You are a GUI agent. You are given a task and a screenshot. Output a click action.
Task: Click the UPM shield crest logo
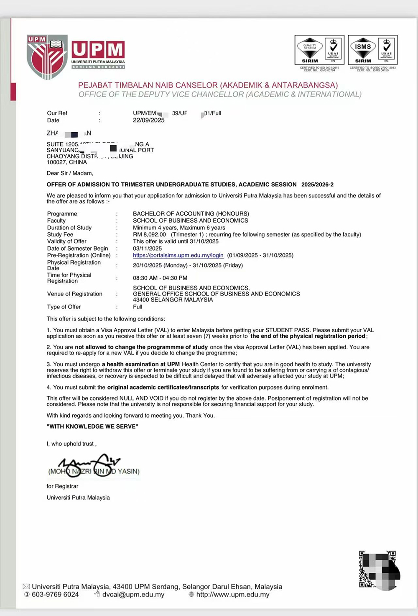[x=47, y=57]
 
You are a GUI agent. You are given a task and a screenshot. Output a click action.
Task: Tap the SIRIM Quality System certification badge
[x=319, y=50]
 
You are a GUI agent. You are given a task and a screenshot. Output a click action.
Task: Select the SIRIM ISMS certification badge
[x=372, y=50]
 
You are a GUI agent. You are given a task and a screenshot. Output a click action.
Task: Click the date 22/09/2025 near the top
[x=149, y=121]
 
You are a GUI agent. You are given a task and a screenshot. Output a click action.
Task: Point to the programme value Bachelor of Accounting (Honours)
[x=191, y=214]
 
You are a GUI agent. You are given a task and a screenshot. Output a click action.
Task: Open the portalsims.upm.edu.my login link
[x=178, y=255]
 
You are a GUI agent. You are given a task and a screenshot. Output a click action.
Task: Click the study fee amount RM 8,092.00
[x=149, y=235]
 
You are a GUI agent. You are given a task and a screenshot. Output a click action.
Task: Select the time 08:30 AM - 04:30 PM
[x=160, y=278]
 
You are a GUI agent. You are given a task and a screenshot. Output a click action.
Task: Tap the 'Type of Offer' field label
[x=64, y=307]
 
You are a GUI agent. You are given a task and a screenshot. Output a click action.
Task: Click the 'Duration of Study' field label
[x=69, y=228]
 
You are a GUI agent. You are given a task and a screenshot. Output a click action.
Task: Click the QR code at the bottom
[x=378, y=570]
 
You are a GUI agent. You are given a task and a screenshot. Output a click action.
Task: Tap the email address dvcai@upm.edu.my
[x=133, y=595]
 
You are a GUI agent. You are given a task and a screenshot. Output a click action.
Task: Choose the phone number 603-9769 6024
[x=55, y=595]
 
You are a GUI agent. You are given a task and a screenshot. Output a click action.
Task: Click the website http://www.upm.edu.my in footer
[x=233, y=595]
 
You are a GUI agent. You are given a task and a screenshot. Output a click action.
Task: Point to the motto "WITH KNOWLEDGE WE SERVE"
[x=92, y=426]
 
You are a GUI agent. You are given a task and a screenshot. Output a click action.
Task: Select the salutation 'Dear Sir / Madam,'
[x=70, y=173]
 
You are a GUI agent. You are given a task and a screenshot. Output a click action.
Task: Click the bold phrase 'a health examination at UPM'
[x=141, y=364]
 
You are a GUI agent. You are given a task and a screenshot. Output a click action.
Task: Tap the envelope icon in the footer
[x=26, y=587]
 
